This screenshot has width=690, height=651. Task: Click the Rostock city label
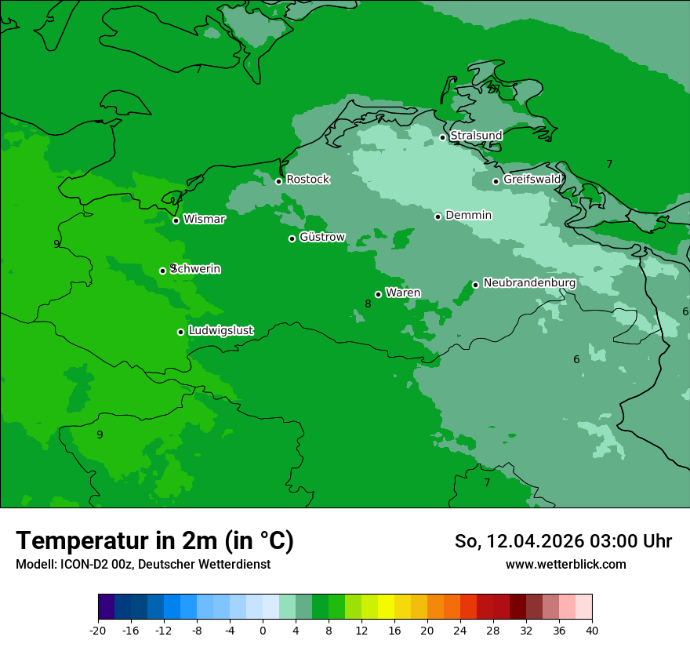[307, 180]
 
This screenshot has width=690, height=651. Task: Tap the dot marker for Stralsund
[442, 137]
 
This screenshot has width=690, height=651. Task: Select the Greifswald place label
[532, 180]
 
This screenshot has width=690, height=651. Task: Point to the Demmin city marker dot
[438, 216]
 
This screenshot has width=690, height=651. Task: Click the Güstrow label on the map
[322, 237]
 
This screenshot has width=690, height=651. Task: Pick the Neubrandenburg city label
[529, 283]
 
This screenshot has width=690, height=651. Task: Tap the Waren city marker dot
[378, 295]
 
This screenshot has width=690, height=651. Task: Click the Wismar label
[204, 220]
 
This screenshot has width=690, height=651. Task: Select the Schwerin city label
[195, 269]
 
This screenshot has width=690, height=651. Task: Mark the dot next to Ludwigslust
[180, 332]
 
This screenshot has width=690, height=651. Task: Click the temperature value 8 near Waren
[368, 304]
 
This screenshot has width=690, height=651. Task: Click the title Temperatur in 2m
[154, 541]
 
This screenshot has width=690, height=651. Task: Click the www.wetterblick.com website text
[565, 565]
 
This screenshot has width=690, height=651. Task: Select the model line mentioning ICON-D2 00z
[143, 565]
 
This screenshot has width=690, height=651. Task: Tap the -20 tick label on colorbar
[98, 631]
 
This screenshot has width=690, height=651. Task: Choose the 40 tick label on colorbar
[592, 631]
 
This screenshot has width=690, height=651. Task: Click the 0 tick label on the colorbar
[263, 631]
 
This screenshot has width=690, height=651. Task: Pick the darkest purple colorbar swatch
[107, 607]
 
